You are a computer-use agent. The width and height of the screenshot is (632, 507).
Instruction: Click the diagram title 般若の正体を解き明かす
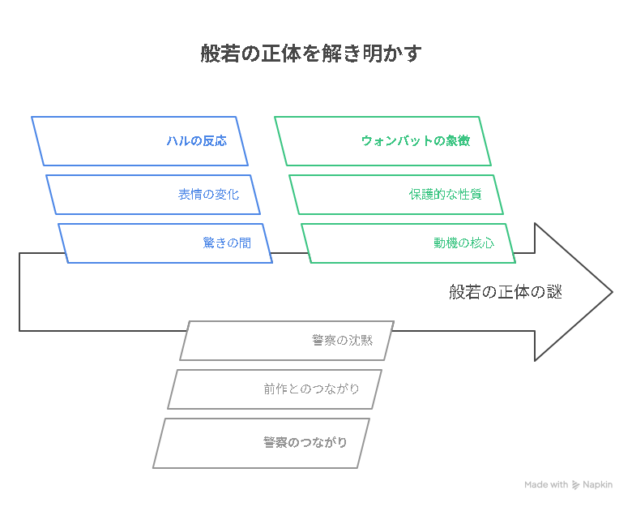[311, 54]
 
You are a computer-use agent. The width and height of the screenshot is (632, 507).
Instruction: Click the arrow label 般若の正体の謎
[506, 292]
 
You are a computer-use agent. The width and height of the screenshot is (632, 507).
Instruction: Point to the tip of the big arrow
[613, 292]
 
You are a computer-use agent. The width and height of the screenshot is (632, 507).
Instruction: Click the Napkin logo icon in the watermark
[575, 485]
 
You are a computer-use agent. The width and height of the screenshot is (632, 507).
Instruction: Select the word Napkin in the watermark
[598, 484]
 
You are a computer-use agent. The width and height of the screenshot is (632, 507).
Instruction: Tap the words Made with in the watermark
[546, 484]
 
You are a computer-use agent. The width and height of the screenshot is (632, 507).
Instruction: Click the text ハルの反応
[197, 141]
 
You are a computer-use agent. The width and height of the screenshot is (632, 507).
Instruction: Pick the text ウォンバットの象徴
[416, 141]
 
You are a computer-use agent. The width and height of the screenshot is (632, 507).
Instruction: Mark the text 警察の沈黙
[342, 340]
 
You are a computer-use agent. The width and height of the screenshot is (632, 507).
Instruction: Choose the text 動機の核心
[464, 243]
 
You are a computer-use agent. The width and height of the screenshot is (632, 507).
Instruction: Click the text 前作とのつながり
[311, 389]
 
